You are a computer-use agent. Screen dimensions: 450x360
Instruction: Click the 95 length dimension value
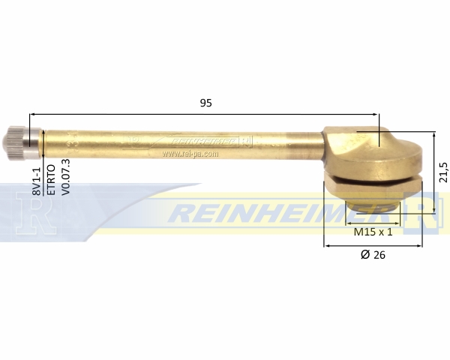[x=205, y=103]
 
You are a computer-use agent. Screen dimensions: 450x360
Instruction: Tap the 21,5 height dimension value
[x=443, y=172]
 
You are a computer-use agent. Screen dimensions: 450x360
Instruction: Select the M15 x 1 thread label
[x=373, y=232]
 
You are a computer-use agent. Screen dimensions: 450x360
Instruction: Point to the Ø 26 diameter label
[x=373, y=255]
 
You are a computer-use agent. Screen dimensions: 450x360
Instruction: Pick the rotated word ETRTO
[x=51, y=180]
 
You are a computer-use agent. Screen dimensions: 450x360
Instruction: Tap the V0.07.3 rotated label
[x=66, y=178]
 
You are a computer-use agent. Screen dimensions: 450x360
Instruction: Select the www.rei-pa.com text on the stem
[x=190, y=154]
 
